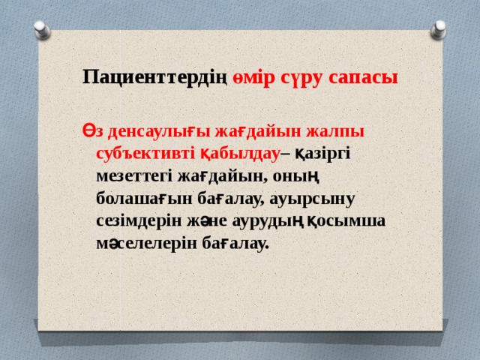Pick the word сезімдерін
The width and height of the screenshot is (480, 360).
tap(139, 223)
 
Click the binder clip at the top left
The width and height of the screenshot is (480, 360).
tap(41, 28)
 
